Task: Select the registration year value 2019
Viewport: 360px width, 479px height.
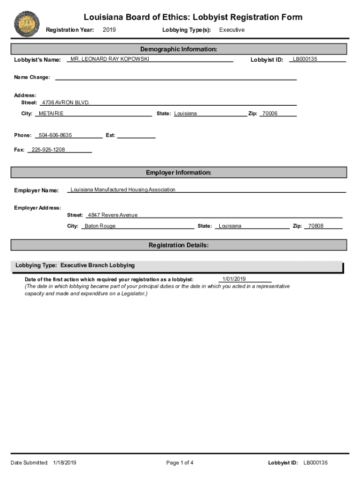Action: tap(109, 30)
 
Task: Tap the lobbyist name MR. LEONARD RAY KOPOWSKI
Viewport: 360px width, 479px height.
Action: tap(110, 59)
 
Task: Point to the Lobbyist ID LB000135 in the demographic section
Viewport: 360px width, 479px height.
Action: tap(305, 59)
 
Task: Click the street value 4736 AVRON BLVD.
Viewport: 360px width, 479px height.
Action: tap(65, 102)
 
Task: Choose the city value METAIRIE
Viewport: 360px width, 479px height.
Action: tap(51, 114)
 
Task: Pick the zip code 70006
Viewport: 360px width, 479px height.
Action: tap(270, 114)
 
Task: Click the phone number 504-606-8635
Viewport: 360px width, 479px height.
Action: tap(55, 135)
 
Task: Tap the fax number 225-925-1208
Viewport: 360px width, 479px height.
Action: tap(48, 150)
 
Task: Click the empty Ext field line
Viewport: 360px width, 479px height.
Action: tap(136, 136)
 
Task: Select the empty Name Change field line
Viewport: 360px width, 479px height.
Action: tap(176, 78)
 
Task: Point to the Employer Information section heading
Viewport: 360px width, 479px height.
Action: tap(179, 173)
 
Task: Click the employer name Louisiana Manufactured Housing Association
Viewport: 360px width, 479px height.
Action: tap(123, 190)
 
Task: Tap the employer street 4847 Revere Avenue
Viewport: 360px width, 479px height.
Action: tap(113, 215)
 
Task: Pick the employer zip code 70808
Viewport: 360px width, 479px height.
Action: tap(316, 226)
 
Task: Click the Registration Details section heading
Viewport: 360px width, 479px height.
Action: tap(179, 245)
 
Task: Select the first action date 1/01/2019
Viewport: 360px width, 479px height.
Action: tap(234, 279)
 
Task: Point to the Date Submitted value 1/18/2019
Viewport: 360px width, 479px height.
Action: tap(65, 463)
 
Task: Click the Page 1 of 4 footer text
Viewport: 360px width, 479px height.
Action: tap(180, 463)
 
